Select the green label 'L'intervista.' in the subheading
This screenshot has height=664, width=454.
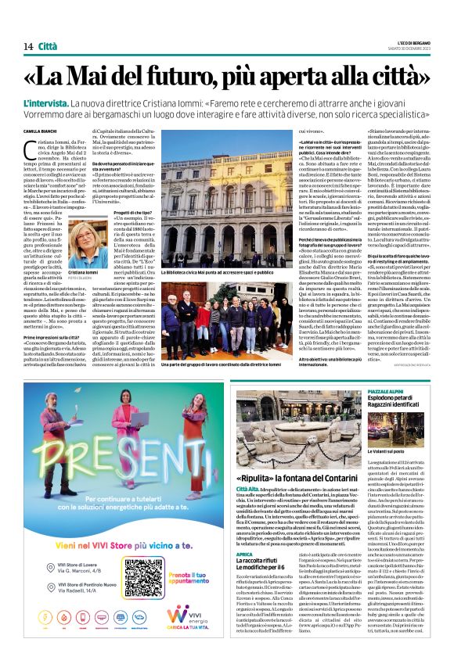click(x=48, y=103)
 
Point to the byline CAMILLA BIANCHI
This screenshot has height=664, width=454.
click(x=42, y=131)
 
